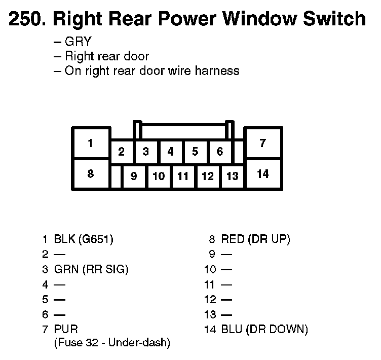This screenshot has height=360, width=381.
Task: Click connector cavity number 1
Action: pos(90,143)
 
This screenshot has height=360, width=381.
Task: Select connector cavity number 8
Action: pos(90,174)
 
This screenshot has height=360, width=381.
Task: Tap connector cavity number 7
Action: pos(262,143)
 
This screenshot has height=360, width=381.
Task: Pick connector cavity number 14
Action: pos(262,174)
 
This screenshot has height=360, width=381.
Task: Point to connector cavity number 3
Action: pos(145,152)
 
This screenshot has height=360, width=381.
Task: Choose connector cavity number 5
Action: pos(195,152)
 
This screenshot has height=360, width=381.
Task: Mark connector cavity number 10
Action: pos(159,176)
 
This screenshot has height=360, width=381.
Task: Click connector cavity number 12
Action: pos(208,176)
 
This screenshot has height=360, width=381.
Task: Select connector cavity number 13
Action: pos(232,176)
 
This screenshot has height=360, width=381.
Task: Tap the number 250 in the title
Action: pos(26,19)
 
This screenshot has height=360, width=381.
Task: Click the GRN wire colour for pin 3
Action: pos(65,269)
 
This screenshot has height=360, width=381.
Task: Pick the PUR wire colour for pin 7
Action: pos(66,330)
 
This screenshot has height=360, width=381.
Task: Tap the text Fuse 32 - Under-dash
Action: pos(111,343)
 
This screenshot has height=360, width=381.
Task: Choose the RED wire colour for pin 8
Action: pos(233,239)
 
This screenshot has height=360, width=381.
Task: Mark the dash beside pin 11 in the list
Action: pos(226,284)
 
